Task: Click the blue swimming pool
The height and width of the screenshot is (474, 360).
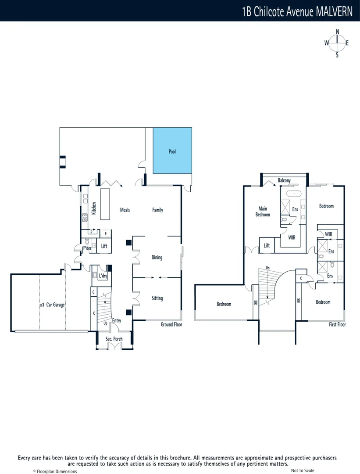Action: pos(172,151)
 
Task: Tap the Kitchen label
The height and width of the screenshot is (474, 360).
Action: pos(94,208)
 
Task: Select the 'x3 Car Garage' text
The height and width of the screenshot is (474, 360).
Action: pos(52,304)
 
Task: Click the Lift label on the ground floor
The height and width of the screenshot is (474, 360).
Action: pos(104,246)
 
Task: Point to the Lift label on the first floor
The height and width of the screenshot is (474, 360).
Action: pos(267,246)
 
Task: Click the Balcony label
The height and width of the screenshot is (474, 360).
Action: pos(284,180)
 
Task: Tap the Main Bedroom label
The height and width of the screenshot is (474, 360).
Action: pos(263,212)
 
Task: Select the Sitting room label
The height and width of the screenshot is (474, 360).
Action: pos(157,298)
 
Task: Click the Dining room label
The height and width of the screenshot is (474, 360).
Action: pos(157,257)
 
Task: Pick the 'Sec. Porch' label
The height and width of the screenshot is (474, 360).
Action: pos(114,339)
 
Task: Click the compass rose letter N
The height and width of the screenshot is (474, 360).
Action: pos(337,32)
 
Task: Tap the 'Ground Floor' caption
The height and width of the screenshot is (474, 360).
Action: pos(171,324)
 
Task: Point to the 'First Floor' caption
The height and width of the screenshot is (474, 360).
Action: pos(337,324)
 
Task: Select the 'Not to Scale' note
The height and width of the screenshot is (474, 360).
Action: pos(303,470)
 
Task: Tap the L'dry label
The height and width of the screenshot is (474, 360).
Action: pos(103,276)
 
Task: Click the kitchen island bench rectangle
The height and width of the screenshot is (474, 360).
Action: pos(106,204)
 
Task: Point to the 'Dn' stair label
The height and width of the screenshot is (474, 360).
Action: pos(267,267)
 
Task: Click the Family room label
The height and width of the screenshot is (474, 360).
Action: pos(157,210)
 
